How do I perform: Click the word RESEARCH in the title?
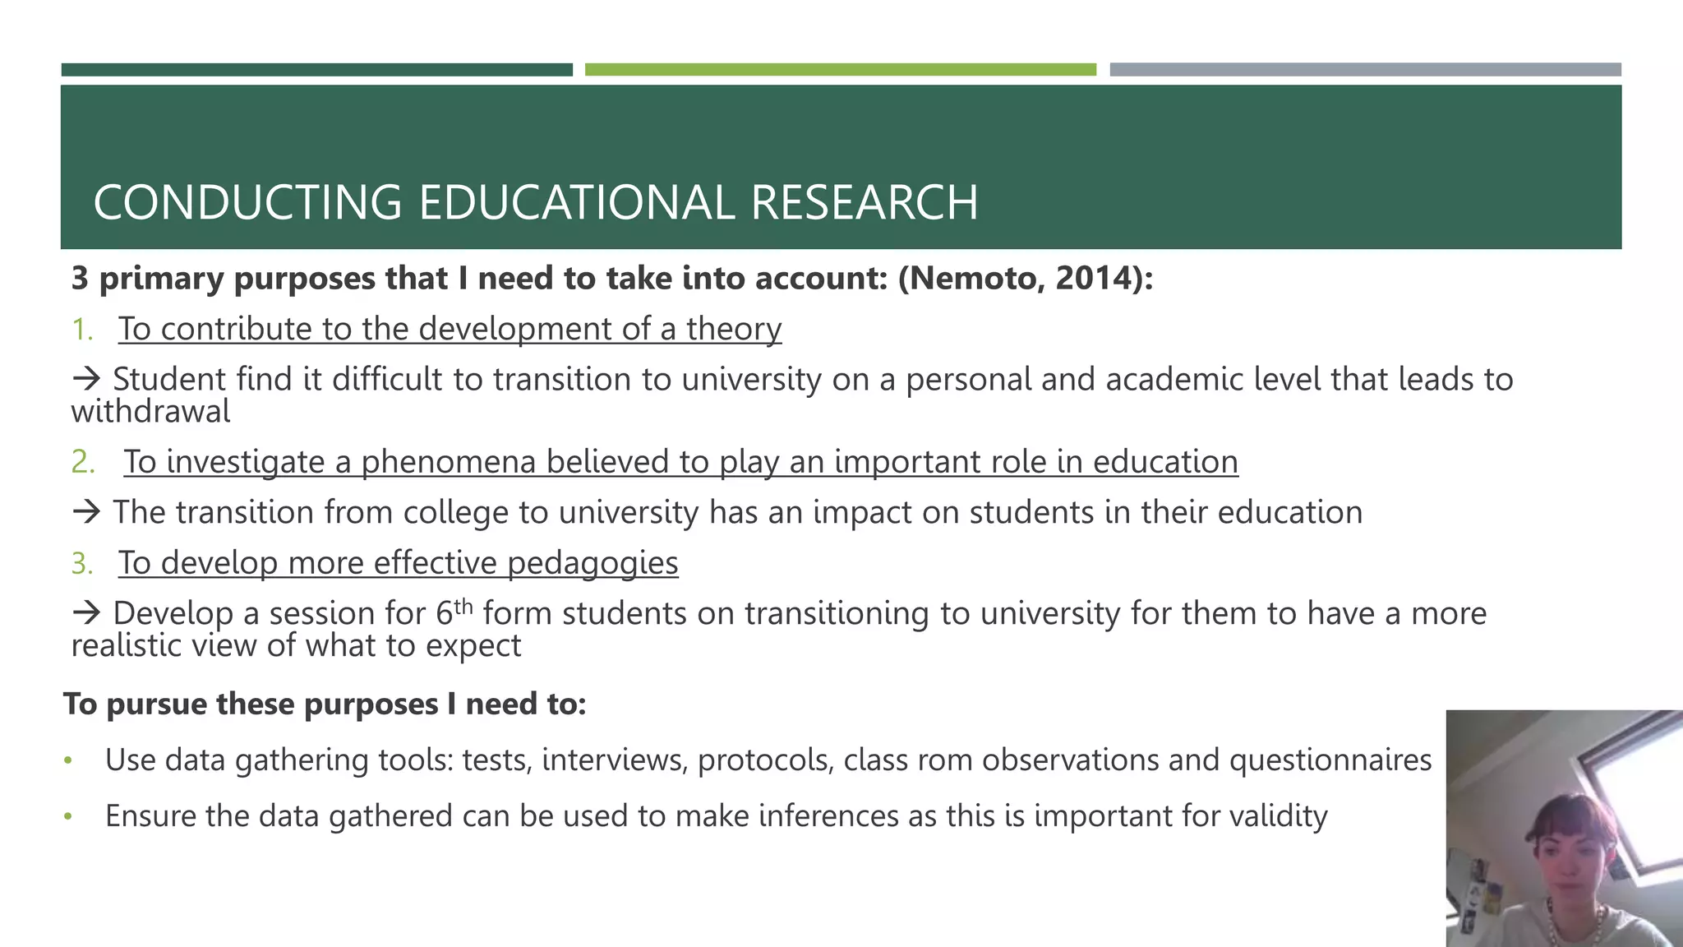[864, 202]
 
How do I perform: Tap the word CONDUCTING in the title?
[247, 202]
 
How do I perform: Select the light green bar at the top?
[840, 70]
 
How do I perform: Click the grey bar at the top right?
[1364, 70]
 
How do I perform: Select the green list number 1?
[82, 330]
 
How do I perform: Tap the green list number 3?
[82, 564]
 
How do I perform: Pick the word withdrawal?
[150, 411]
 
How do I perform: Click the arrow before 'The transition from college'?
[86, 512]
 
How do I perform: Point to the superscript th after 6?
[463, 606]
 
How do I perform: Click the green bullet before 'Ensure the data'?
[68, 817]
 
